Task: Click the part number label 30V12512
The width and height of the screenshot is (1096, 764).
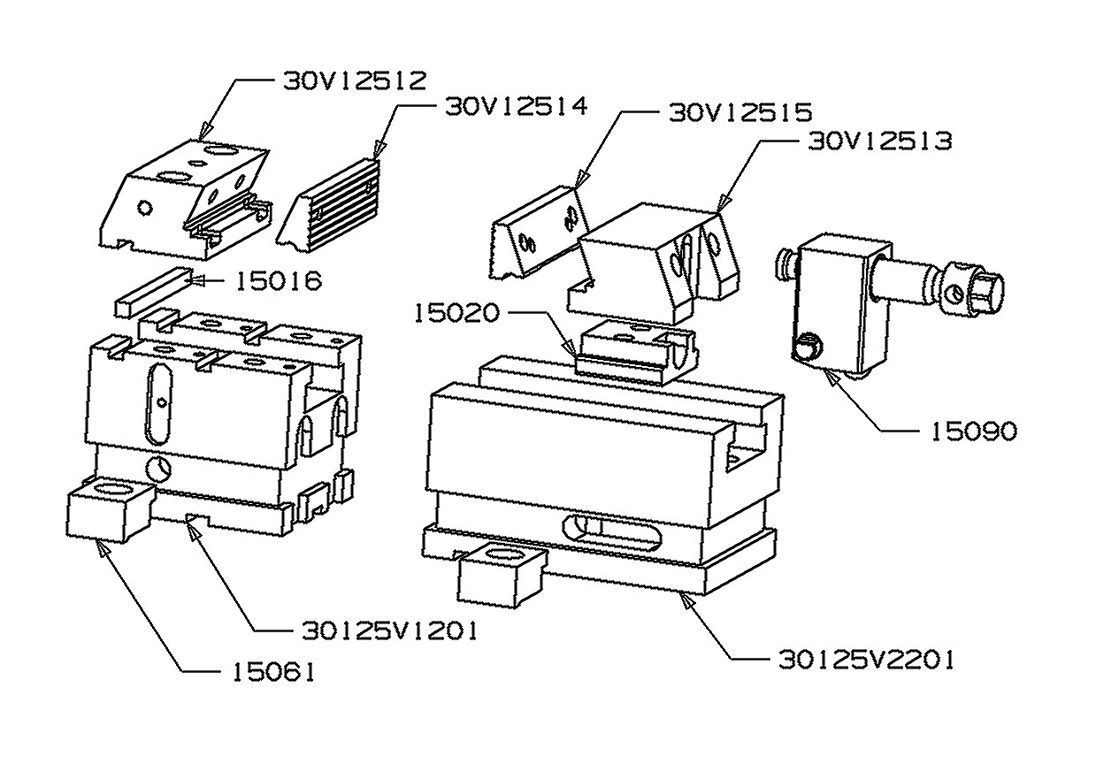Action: coord(355,80)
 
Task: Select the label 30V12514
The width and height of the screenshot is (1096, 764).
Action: coord(514,107)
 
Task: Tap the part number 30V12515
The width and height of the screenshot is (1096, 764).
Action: coord(740,113)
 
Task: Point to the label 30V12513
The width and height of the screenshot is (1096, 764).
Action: coord(880,141)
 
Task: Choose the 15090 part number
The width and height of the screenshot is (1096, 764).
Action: coord(973,432)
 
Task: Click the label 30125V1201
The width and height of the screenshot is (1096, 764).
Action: coord(389,630)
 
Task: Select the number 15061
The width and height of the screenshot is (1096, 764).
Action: coord(274,673)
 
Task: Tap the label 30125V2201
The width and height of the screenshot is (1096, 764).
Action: coord(866,660)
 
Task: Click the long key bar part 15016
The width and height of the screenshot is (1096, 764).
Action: coord(152,293)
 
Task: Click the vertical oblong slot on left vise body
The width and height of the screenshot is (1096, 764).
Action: coord(158,403)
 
